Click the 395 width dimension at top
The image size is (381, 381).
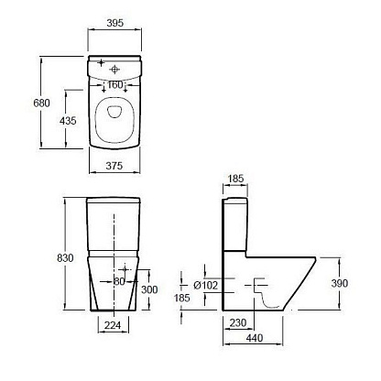tap(115, 23)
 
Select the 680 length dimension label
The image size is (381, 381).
tap(41, 103)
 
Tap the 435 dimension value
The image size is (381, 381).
tap(68, 121)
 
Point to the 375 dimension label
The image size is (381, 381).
tap(114, 166)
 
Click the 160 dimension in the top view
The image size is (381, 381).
tap(115, 84)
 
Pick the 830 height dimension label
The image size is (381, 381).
tap(65, 258)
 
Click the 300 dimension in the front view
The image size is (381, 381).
tap(149, 289)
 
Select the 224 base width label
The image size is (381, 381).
tap(113, 325)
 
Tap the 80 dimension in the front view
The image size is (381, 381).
tap(119, 281)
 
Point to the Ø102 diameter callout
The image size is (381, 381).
tap(206, 286)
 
